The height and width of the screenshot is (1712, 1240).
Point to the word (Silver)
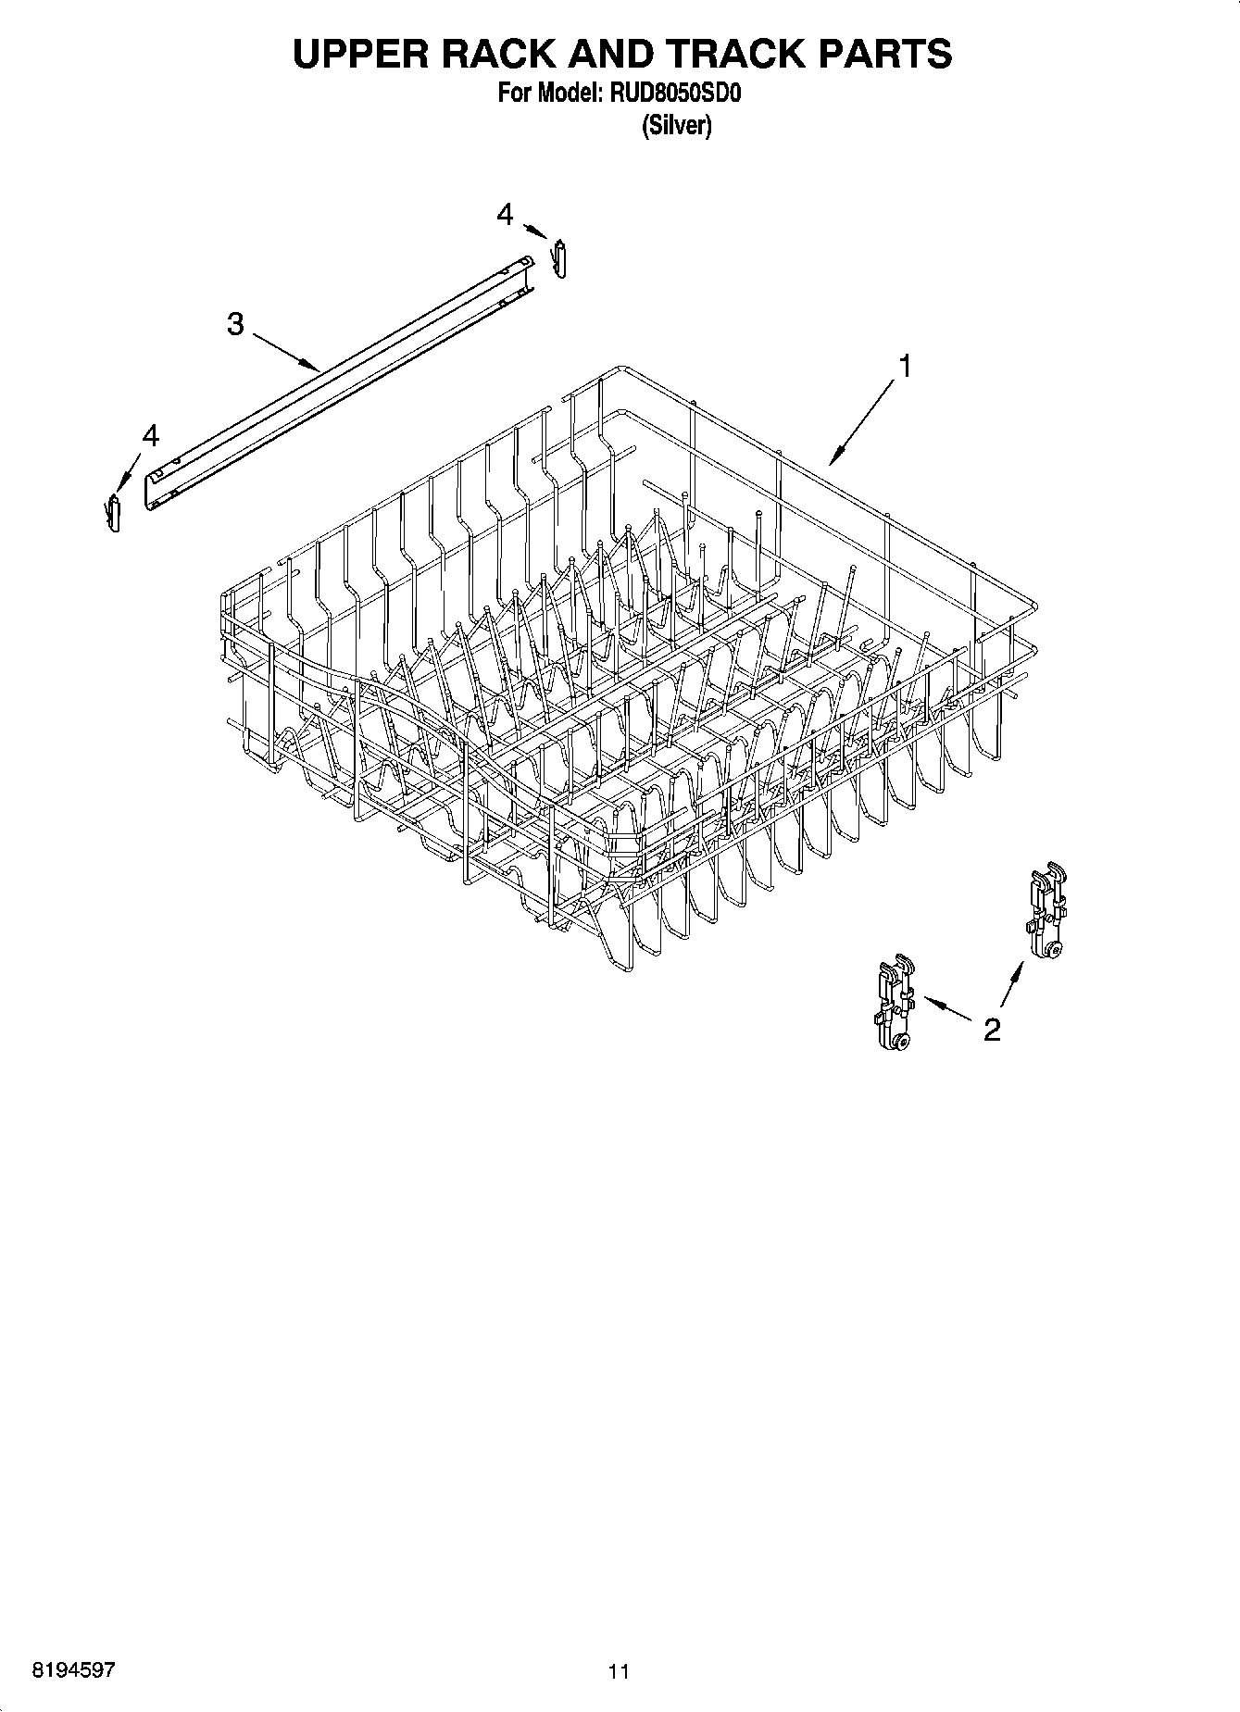pyautogui.click(x=677, y=126)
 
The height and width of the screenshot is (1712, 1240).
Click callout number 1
pyautogui.click(x=904, y=367)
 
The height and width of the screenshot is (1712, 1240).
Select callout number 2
pyautogui.click(x=991, y=1030)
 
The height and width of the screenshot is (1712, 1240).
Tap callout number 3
pyautogui.click(x=235, y=324)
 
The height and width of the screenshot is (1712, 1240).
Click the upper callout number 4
pyautogui.click(x=504, y=215)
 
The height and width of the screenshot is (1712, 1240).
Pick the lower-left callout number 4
pyautogui.click(x=149, y=434)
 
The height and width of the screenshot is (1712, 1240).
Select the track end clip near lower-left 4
pyautogui.click(x=114, y=512)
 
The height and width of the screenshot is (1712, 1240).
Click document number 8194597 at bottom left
pyautogui.click(x=74, y=1670)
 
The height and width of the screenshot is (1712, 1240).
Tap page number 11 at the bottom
pyautogui.click(x=619, y=1671)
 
